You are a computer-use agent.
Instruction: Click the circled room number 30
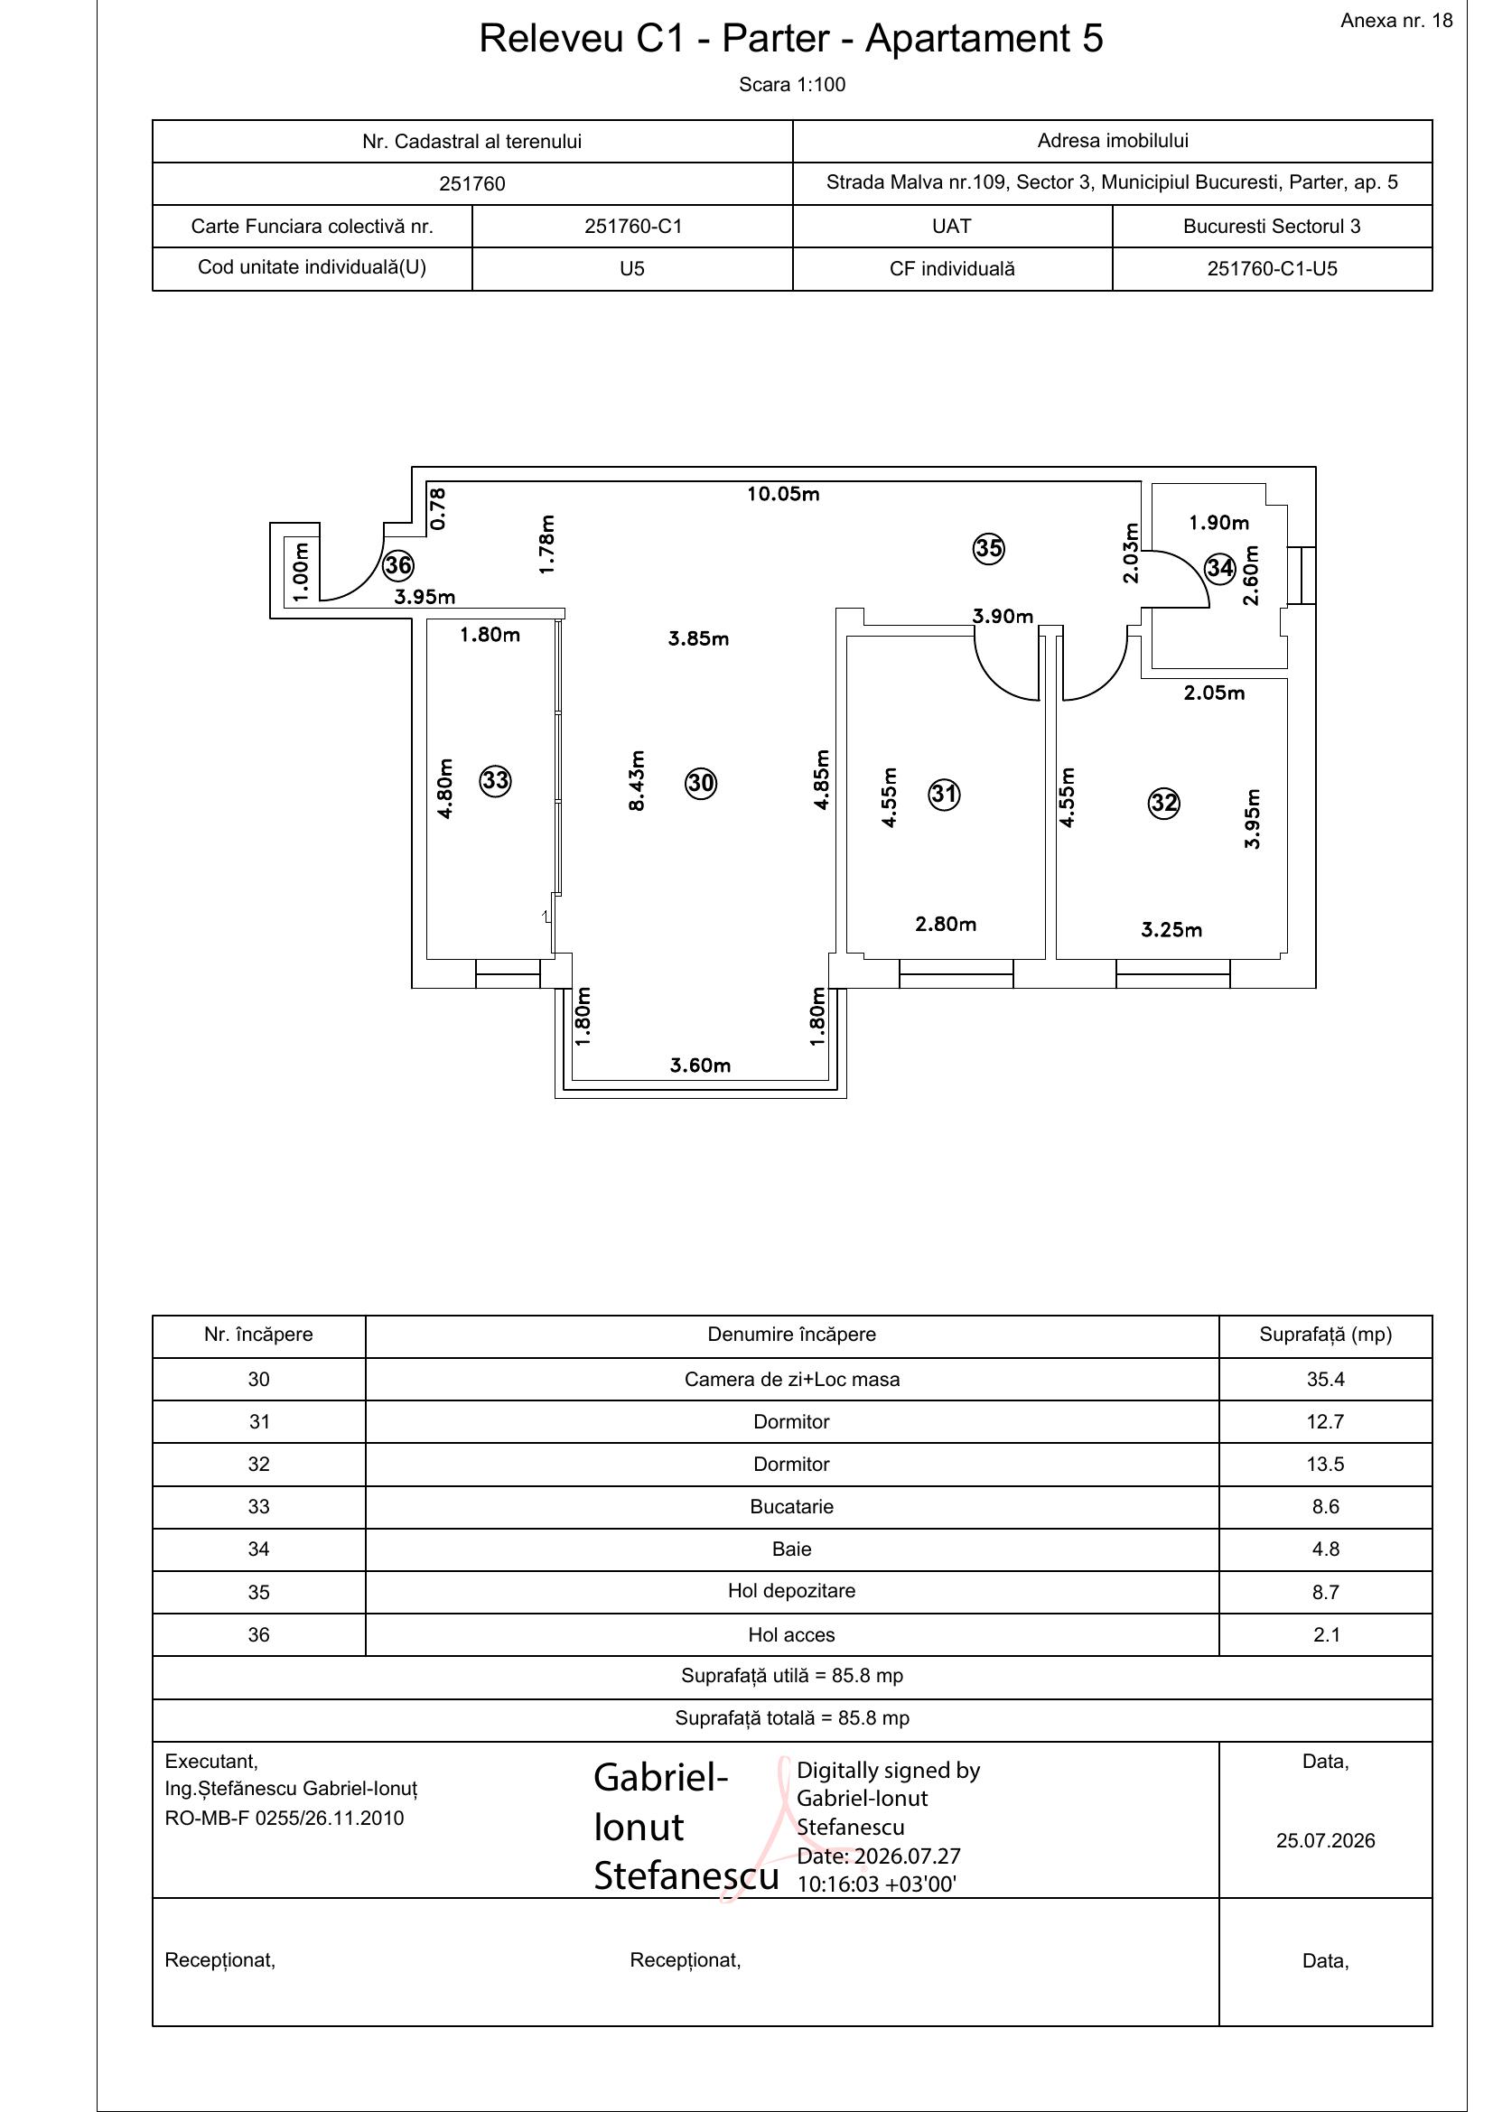701,783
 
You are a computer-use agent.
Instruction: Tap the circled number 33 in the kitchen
496,781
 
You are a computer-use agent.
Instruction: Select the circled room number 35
989,549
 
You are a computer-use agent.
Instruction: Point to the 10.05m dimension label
783,494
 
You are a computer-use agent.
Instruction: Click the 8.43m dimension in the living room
636,780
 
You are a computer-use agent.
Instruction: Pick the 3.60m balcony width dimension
700,1065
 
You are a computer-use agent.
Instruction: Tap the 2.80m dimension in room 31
946,924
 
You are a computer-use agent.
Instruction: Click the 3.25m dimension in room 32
1171,930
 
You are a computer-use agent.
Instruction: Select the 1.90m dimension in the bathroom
1218,523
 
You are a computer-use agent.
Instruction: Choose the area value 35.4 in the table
1326,1379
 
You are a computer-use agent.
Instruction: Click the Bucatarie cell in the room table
791,1506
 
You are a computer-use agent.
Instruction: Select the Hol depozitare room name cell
791,1590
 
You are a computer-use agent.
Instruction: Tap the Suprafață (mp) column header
1326,1334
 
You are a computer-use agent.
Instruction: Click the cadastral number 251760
471,184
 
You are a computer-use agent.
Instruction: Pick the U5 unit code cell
632,269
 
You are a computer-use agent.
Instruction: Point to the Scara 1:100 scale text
792,85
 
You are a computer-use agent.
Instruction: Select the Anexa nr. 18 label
1396,20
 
